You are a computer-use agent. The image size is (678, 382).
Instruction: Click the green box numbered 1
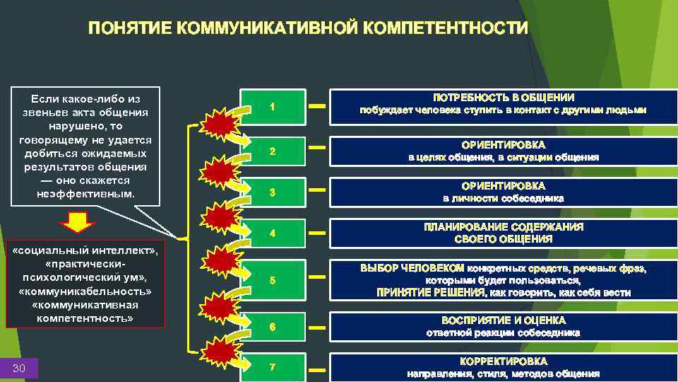pos(273,107)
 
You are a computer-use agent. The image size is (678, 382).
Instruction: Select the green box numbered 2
pos(273,153)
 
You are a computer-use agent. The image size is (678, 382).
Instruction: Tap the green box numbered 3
pos(273,193)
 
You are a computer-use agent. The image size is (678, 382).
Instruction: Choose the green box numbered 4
pos(273,233)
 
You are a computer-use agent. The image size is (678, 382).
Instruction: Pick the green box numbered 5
pos(273,281)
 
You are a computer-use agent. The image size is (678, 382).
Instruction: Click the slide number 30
pos(20,367)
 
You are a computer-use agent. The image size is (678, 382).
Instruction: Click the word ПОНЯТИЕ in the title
pos(130,29)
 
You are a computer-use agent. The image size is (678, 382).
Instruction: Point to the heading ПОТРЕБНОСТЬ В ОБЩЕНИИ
pos(503,98)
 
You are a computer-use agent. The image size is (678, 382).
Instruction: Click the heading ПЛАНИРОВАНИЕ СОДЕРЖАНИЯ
pos(503,227)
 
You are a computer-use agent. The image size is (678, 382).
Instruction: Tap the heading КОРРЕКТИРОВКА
pos(503,361)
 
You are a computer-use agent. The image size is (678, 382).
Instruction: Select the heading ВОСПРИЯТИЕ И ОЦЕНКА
pos(503,320)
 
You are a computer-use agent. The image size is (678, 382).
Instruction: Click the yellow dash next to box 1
pos(319,107)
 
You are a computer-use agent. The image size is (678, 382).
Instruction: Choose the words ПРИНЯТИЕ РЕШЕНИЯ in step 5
pos(430,292)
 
